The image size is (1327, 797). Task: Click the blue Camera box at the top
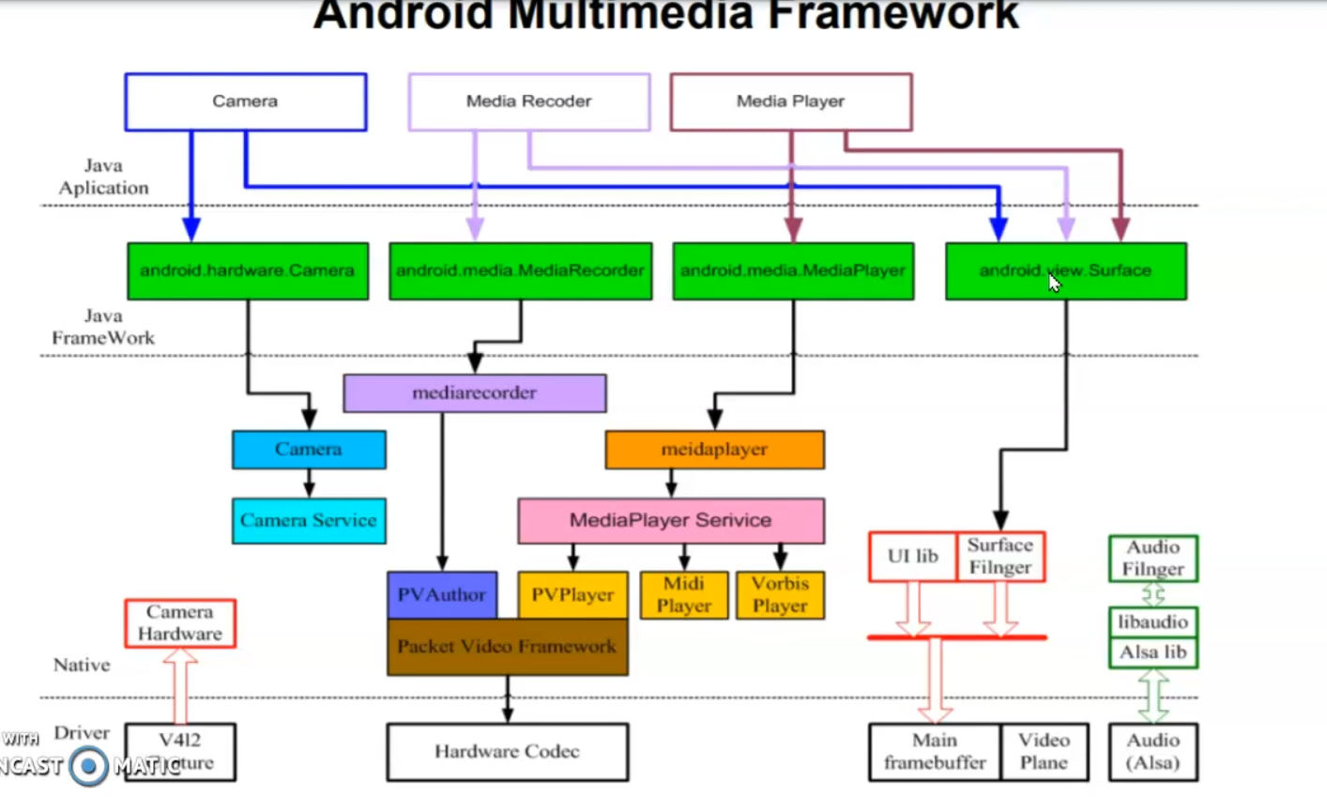coord(245,101)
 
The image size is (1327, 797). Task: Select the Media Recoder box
coord(528,101)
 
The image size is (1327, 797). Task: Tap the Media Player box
coord(790,101)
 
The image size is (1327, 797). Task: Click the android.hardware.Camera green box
coord(248,271)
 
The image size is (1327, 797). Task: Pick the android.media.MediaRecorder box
coord(520,271)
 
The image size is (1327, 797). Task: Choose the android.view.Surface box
coord(1065,271)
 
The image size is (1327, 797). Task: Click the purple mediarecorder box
coord(474,393)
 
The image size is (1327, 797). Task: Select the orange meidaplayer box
coord(714,450)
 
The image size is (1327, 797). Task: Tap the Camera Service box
coord(309,521)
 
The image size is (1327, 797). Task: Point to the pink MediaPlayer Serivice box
coord(670,521)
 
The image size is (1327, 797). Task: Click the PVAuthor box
coord(441,595)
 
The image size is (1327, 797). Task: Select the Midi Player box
coord(683,595)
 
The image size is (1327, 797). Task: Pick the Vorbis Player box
coord(780,595)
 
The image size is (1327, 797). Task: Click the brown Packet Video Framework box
coord(507,647)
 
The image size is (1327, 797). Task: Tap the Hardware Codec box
coord(507,752)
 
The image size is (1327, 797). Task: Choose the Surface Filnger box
coord(1000,557)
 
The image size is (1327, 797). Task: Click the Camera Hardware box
coord(179,623)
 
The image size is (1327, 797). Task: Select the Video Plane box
coord(1044,752)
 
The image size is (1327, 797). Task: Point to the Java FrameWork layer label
coord(103,327)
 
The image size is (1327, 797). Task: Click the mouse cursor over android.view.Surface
coord(1055,283)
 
